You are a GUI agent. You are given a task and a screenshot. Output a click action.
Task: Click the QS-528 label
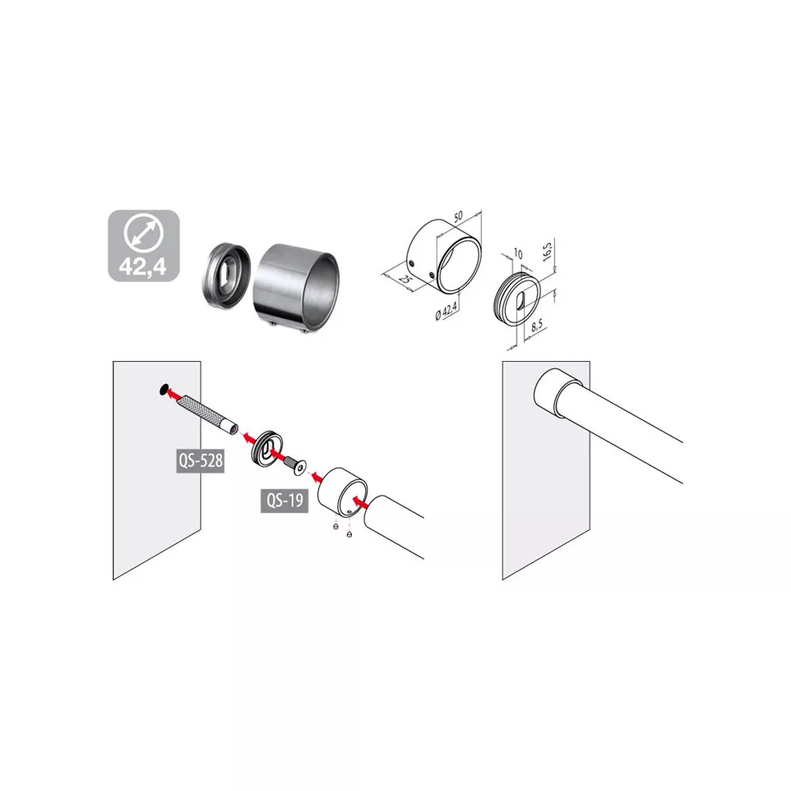[201, 460]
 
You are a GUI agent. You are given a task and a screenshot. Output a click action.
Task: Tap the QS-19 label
[284, 501]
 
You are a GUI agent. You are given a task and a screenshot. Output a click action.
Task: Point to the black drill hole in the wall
[164, 389]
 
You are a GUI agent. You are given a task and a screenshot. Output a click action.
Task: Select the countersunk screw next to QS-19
[295, 465]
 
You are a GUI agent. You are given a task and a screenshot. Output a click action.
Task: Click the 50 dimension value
[458, 216]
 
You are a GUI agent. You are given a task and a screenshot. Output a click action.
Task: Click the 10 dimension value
[517, 252]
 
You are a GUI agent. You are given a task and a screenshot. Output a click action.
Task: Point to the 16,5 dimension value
[548, 250]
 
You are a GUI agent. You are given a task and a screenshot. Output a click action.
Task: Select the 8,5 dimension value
[537, 326]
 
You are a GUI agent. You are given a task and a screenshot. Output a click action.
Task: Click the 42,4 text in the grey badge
[143, 266]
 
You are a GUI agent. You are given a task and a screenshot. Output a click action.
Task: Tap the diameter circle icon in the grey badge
[144, 233]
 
